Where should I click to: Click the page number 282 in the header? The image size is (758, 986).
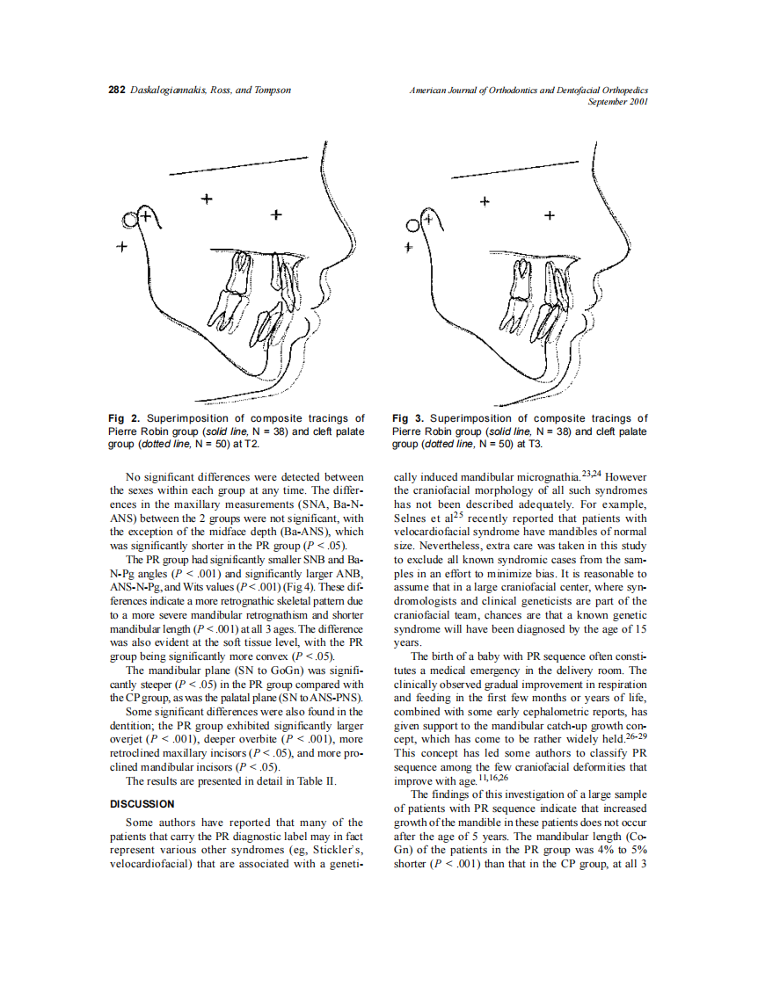pos(117,91)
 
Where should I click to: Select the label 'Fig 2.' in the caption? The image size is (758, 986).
pos(124,418)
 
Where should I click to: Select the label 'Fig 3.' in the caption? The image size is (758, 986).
pos(408,418)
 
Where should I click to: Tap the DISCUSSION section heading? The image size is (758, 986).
pos(142,803)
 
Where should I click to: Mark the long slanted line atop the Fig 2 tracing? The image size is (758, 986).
pos(237,166)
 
